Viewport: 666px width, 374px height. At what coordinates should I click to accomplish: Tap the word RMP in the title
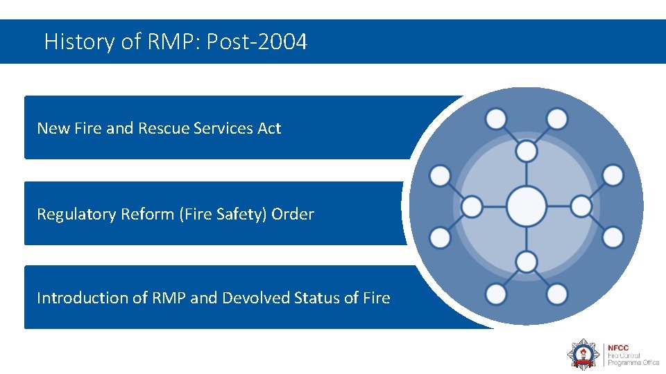pyautogui.click(x=171, y=42)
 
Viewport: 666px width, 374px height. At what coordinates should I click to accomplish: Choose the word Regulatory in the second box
pyautogui.click(x=76, y=214)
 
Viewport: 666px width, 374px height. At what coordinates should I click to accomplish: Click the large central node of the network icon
pyautogui.click(x=527, y=206)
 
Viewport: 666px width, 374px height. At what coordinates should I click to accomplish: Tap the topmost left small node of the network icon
pyautogui.click(x=496, y=119)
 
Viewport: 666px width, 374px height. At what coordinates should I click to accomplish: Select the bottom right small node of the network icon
pyautogui.click(x=556, y=294)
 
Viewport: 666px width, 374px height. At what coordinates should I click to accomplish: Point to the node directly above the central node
pyautogui.click(x=527, y=150)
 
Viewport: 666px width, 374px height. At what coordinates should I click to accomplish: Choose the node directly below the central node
pyautogui.click(x=527, y=262)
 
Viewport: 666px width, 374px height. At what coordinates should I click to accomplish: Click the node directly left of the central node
pyautogui.click(x=472, y=206)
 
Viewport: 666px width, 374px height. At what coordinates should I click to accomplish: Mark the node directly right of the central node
pyautogui.click(x=581, y=206)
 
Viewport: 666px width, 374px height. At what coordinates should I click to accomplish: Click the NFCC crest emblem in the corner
pyautogui.click(x=583, y=353)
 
